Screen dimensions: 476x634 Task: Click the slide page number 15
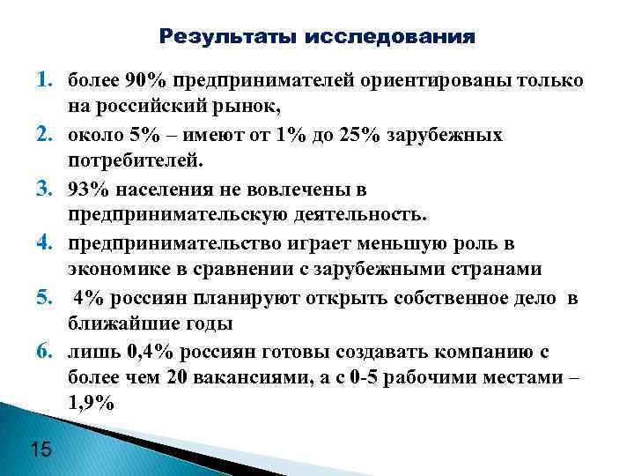[41, 451]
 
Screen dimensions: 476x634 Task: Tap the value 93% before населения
[87, 190]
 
